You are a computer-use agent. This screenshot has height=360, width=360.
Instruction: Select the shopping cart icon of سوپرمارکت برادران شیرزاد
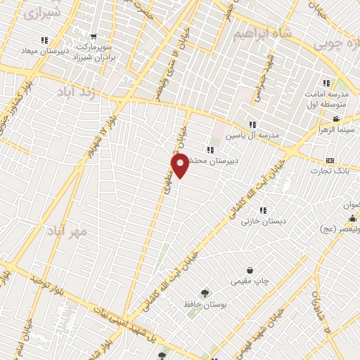[x=94, y=37]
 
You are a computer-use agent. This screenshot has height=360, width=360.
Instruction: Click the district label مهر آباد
[x=68, y=231]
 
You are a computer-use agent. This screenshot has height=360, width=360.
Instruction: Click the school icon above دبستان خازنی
[x=263, y=210]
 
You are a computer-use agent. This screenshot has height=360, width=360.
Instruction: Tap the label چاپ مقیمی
[x=250, y=281]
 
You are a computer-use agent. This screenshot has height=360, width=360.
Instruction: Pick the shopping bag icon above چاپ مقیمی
[x=250, y=270]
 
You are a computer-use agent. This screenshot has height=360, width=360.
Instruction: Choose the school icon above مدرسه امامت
[x=326, y=82]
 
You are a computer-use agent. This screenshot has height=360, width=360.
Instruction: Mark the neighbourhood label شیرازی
[x=41, y=13]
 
